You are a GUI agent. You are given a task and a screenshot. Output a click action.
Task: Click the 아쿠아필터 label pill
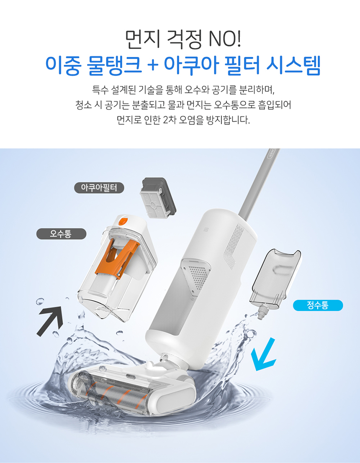click(x=99, y=188)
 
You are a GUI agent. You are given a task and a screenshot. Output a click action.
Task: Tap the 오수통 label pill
click(x=61, y=234)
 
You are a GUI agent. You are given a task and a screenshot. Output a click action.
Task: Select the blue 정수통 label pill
click(x=318, y=305)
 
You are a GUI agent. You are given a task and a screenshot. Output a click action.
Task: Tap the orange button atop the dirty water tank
click(x=123, y=221)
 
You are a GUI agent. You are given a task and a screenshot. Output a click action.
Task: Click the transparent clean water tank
click(x=276, y=279)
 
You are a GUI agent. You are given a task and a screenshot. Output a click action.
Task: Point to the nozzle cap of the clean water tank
click(x=262, y=312)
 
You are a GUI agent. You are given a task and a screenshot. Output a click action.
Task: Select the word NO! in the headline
click(x=225, y=40)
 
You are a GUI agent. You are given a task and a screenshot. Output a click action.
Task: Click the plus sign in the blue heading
click(x=153, y=66)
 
